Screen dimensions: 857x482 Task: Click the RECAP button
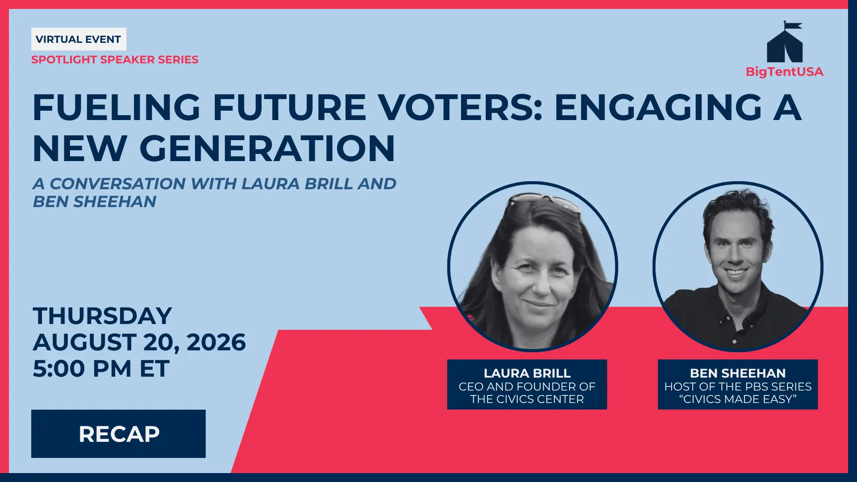click(118, 434)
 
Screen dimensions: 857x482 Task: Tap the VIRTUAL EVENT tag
click(79, 39)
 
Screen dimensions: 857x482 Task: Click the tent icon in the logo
click(785, 42)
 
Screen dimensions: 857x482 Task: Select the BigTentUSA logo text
click(785, 72)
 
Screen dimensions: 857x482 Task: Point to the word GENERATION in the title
click(267, 149)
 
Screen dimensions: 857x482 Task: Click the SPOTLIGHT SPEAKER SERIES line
click(115, 60)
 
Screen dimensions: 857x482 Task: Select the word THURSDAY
click(102, 316)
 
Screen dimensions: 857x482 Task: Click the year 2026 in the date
click(216, 342)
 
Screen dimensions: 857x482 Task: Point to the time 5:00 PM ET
click(101, 369)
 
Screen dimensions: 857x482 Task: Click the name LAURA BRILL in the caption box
click(527, 373)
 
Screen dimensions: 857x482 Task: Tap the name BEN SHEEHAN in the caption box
click(738, 373)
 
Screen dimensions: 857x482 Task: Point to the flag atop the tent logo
click(793, 25)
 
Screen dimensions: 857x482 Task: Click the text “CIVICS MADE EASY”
click(738, 399)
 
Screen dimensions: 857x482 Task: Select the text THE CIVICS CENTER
click(527, 399)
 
